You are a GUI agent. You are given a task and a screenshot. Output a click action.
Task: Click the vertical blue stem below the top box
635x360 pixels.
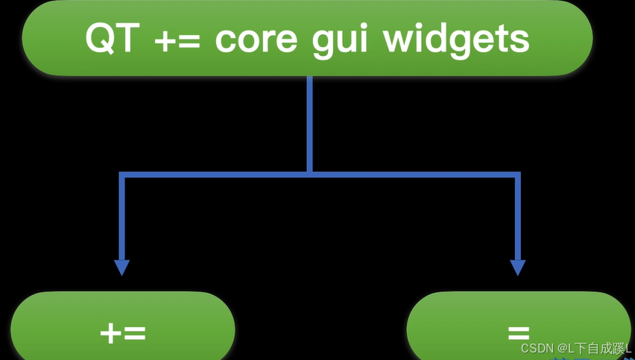309,123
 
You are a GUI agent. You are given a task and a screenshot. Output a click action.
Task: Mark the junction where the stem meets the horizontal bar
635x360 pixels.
309,174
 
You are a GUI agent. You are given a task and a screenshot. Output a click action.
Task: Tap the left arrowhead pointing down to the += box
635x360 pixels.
121,268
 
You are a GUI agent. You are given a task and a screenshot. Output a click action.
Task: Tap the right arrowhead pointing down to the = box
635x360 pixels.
517,268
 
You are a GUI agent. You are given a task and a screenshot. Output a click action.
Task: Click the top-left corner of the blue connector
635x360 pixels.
122,175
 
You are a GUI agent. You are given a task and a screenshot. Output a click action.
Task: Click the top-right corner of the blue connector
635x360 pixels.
517,175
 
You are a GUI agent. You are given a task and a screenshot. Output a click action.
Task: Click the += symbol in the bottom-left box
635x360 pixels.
123,332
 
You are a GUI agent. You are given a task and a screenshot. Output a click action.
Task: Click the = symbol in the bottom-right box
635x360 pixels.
519,332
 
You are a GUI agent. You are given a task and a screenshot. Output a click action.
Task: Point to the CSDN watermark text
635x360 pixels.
536,349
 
